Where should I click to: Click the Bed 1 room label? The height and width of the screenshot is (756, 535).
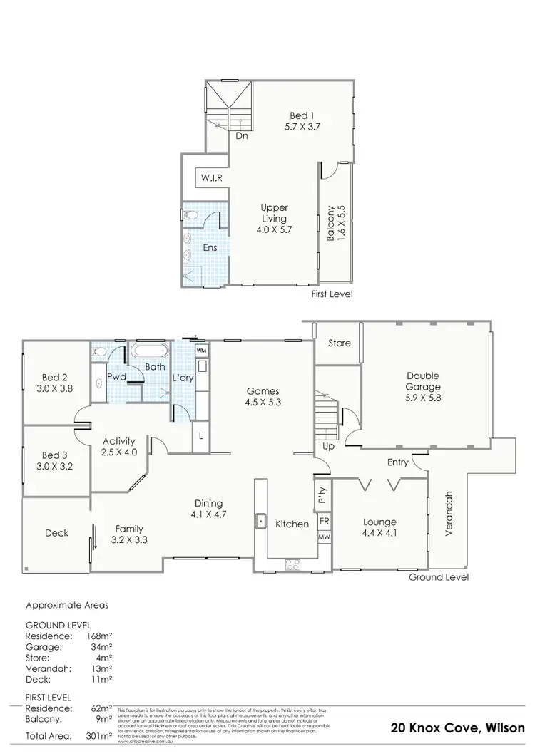coord(300,115)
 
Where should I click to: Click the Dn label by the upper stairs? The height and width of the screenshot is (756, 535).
coord(242,135)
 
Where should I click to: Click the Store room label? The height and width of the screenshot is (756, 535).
coord(340,343)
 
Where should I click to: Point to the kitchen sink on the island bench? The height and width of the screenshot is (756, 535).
coord(262,522)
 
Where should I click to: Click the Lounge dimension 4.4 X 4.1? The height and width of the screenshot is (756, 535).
coord(379,533)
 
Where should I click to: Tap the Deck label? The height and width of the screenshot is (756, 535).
coord(56,532)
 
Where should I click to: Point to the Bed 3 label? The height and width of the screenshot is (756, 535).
coord(55,455)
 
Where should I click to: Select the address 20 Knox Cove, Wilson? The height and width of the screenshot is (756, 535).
coord(457,727)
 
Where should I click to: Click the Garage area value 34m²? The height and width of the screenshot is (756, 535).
coord(100,648)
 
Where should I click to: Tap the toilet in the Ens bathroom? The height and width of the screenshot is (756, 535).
coord(190,214)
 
